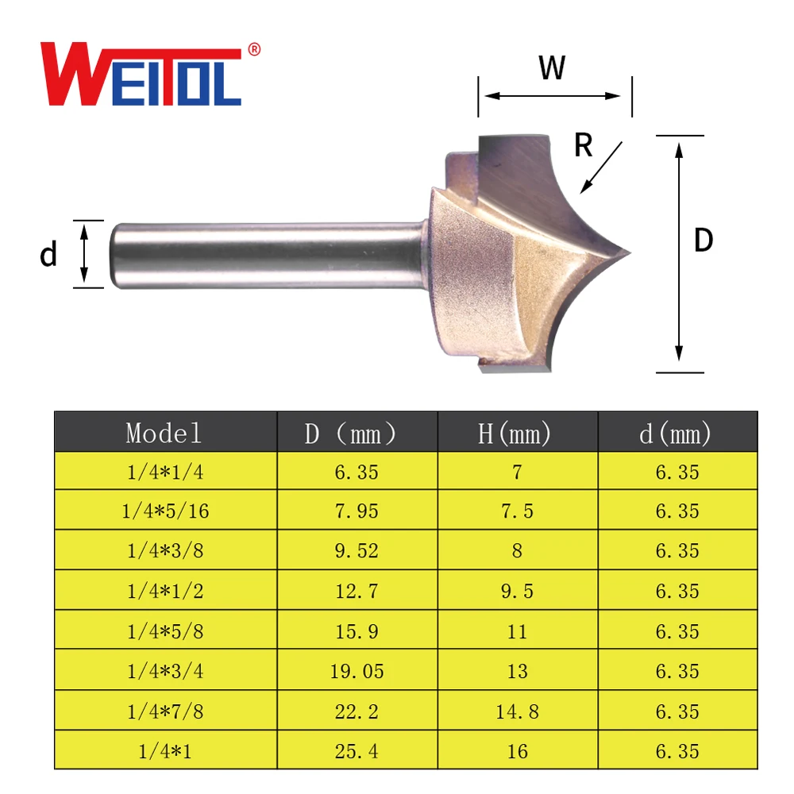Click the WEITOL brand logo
[x=141, y=76]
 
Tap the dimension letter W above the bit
[x=552, y=68]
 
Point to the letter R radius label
[x=584, y=145]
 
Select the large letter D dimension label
[x=703, y=241]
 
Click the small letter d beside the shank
[x=48, y=255]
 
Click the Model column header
[x=164, y=433]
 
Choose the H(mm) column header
[x=517, y=433]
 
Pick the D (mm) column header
[x=357, y=433]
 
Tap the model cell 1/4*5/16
[x=165, y=511]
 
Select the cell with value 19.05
[x=357, y=672]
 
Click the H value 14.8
[x=517, y=711]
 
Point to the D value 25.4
[x=357, y=751]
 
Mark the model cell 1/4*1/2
[x=165, y=592]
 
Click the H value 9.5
[x=517, y=592]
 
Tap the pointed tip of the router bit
[x=627, y=254]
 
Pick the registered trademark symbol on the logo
[x=255, y=49]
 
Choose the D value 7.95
[x=357, y=511]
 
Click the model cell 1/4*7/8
[x=165, y=711]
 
